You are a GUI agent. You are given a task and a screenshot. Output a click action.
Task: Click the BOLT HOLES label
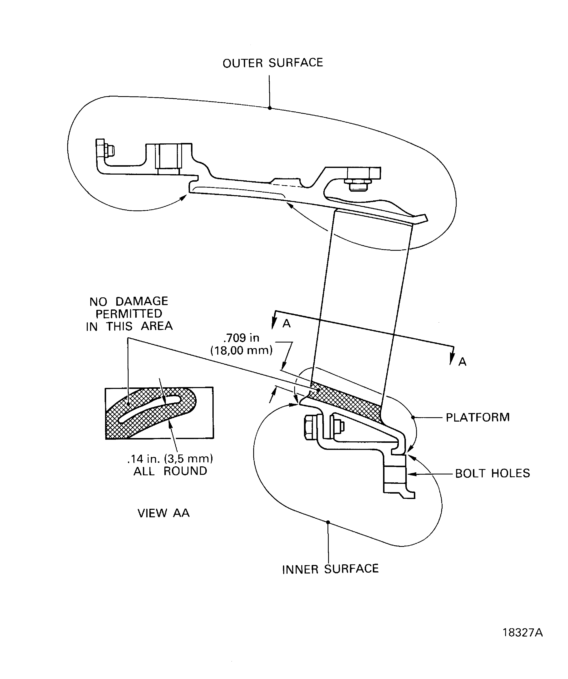point(492,473)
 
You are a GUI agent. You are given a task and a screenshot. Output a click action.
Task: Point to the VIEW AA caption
point(163,513)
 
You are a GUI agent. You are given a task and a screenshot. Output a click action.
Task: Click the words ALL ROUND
point(170,471)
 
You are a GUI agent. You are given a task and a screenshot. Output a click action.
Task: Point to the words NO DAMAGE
point(129,301)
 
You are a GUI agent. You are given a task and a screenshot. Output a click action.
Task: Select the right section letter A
point(462,362)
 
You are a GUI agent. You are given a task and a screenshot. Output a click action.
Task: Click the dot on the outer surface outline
point(270,108)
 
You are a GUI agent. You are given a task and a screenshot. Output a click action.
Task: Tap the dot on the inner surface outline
point(328,522)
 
